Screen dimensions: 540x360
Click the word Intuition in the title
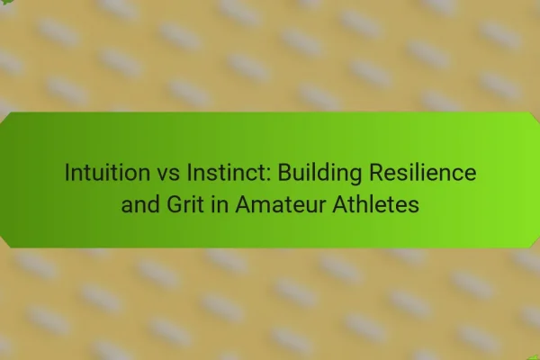[x=107, y=172]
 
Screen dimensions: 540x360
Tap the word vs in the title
[x=168, y=175]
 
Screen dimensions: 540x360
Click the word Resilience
[x=423, y=172]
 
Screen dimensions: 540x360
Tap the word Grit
[x=185, y=204]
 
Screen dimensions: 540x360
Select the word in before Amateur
[x=220, y=204]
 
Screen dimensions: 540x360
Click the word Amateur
[x=280, y=204]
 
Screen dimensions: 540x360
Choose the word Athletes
[x=375, y=204]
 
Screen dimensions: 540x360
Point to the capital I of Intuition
[x=67, y=172]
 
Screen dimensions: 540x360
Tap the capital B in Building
[x=285, y=172]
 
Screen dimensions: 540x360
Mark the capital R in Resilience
[x=377, y=172]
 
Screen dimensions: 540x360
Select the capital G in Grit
[x=175, y=204]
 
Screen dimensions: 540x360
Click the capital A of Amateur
[x=244, y=204]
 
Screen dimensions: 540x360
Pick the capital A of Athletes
[x=340, y=204]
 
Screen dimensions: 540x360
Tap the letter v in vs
[x=163, y=175]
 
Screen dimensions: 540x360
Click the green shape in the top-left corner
[x=6, y=2]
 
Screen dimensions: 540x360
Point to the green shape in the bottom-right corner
[x=535, y=357]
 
